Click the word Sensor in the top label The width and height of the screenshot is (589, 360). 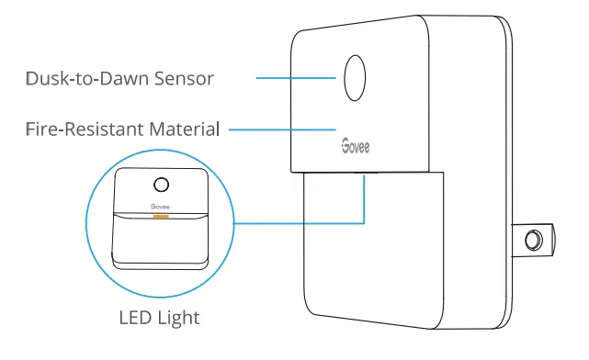point(185,78)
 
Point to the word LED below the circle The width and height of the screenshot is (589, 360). point(136,319)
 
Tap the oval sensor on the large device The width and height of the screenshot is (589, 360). point(356,78)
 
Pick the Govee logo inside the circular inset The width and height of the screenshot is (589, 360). point(160,208)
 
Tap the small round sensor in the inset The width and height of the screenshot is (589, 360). point(160,185)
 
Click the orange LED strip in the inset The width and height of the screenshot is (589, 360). point(160,218)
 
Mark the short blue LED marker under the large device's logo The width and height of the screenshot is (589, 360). point(365,178)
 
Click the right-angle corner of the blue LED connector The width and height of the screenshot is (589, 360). point(365,221)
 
